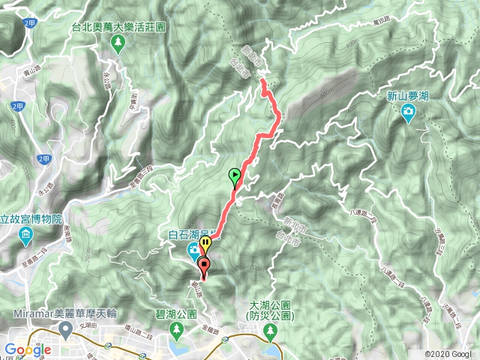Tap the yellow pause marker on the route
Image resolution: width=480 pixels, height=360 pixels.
205,244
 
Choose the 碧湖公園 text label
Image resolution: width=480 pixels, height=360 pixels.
178,314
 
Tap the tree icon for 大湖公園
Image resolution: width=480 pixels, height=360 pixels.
270,332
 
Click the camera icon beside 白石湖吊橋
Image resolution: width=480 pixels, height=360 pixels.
193,248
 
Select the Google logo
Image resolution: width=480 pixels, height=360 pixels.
27,349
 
